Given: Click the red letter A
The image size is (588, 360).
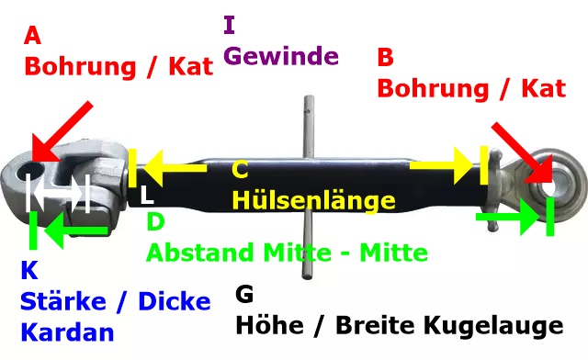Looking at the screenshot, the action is [x=32, y=36].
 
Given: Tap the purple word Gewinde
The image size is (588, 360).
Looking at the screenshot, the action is [x=281, y=56].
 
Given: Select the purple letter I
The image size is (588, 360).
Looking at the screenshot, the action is [x=229, y=25].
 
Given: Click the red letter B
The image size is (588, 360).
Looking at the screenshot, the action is [x=386, y=57].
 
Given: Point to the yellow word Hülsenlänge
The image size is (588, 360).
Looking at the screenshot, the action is [x=314, y=200].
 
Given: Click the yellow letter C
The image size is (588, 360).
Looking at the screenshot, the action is [x=240, y=170].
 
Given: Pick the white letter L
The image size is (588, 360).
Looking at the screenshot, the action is [x=147, y=196].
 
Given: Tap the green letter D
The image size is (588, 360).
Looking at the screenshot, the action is [x=155, y=221].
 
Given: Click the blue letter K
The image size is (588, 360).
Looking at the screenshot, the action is [x=29, y=270].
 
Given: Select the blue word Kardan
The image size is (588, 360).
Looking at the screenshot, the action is [x=67, y=332].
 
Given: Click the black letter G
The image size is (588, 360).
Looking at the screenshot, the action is [x=244, y=294].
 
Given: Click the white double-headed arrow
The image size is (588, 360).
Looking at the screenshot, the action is [x=58, y=193].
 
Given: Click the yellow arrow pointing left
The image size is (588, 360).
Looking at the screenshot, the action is [x=175, y=168].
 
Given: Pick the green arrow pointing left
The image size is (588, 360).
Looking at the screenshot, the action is [x=76, y=231].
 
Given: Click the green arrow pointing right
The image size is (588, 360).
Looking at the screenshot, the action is [x=508, y=217].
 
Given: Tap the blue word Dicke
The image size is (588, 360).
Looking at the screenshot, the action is [x=175, y=301].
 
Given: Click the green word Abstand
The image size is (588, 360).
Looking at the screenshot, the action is [x=201, y=253].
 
